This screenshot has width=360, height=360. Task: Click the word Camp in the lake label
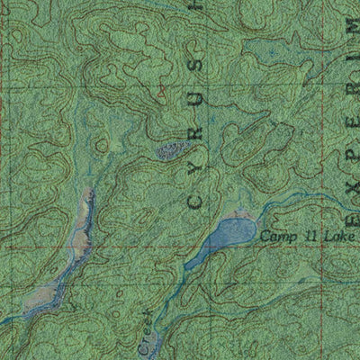pyautogui.click(x=275, y=237)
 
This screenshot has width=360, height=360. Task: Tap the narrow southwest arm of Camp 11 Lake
pyautogui.click(x=196, y=260)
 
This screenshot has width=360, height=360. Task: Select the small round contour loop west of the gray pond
pyautogui.click(x=102, y=144)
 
